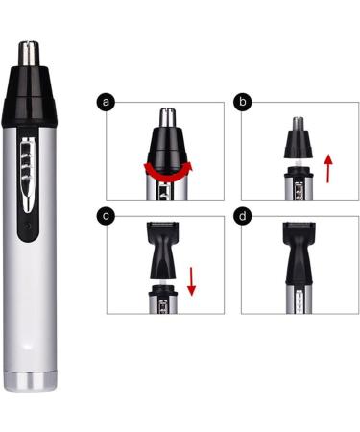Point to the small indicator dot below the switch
29,228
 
